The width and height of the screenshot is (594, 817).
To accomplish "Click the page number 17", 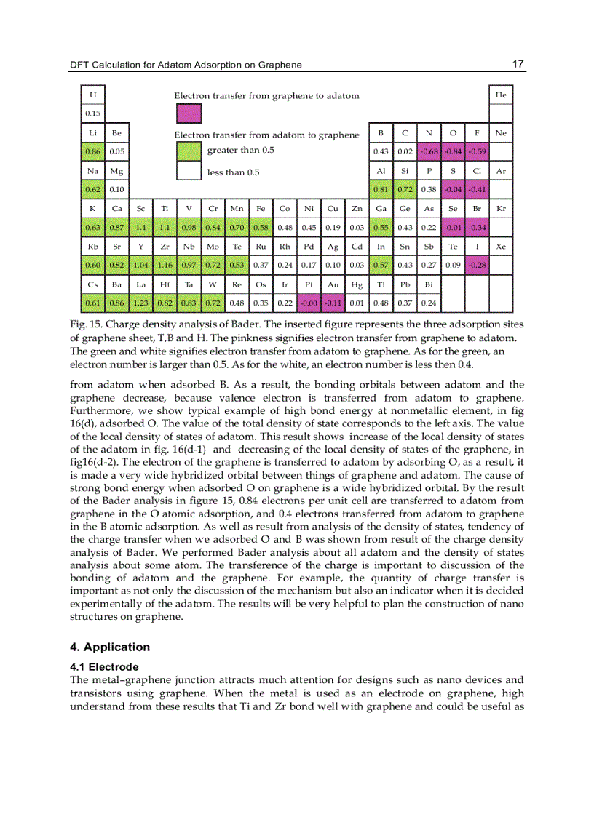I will pyautogui.click(x=518, y=64).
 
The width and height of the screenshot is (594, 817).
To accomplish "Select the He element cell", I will pyautogui.click(x=501, y=95).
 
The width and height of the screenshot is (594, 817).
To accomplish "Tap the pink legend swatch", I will pyautogui.click(x=189, y=113).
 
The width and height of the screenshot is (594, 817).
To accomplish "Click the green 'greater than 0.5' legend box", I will pyautogui.click(x=189, y=151).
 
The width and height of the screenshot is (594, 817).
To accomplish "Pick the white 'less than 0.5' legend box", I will pyautogui.click(x=189, y=172).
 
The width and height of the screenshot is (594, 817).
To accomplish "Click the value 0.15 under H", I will pyautogui.click(x=92, y=113).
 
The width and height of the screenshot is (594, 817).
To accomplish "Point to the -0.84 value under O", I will pyautogui.click(x=453, y=151).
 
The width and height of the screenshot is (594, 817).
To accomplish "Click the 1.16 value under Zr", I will pyautogui.click(x=165, y=266).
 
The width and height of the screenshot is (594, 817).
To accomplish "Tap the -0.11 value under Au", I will pyautogui.click(x=333, y=303).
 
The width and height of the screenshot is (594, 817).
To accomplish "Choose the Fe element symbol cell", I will pyautogui.click(x=261, y=209).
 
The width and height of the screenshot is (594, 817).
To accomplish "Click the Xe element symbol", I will pyautogui.click(x=501, y=247).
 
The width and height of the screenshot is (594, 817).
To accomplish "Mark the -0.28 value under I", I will pyautogui.click(x=477, y=266).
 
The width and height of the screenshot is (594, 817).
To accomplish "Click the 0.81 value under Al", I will pyautogui.click(x=381, y=190).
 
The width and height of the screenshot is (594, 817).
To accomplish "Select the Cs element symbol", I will pyautogui.click(x=92, y=284).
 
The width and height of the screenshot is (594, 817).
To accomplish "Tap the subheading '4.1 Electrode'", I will pyautogui.click(x=103, y=666).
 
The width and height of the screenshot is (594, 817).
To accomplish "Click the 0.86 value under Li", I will pyautogui.click(x=92, y=151).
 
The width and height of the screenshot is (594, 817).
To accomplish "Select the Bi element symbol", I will pyautogui.click(x=429, y=284).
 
